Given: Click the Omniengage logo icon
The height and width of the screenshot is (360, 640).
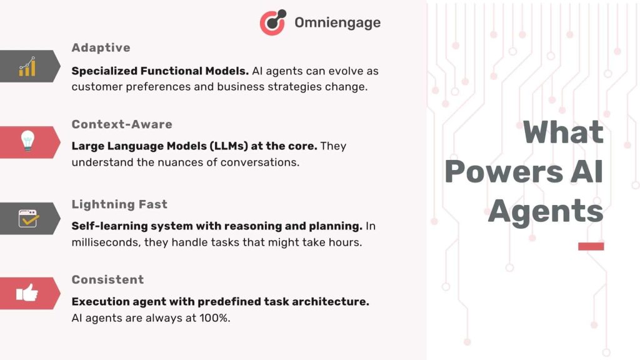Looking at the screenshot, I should coord(272,22).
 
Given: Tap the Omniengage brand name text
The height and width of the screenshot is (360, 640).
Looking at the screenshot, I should coord(337,23).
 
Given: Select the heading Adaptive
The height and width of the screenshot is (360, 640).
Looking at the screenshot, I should coord(101,47).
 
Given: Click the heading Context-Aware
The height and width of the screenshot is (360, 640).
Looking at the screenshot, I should coord(121,124).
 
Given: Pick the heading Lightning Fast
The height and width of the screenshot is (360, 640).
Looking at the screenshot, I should coord(119,204).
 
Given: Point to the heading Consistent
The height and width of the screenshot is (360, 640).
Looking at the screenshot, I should coord(107,279).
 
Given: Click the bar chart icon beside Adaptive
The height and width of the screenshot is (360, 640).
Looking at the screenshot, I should coord(27,66).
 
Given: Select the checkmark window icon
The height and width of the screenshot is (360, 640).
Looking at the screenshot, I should coord(28,219).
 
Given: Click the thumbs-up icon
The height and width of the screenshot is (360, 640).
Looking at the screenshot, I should coord(27,292).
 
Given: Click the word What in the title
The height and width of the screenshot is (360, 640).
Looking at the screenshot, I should coord(563,132).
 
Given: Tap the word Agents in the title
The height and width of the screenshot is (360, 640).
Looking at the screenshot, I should coord(546,211).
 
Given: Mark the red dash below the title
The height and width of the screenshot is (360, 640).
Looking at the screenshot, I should coord(591,246).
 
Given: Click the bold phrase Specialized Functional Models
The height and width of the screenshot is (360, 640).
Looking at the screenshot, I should coord(160,71).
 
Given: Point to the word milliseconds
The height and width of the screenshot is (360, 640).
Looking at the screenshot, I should coord(106,242).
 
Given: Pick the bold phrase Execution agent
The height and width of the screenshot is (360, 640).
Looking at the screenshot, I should coord(110,301).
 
